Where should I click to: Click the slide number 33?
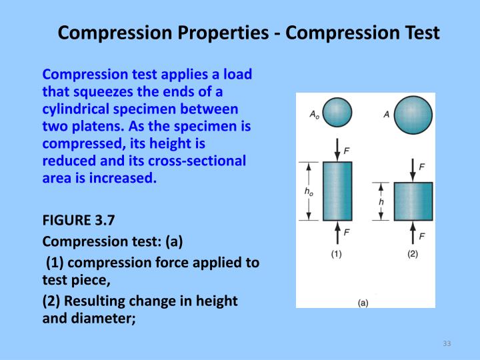pos(447,343)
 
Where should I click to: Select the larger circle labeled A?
pos(413,115)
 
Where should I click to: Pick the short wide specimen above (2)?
pos(413,201)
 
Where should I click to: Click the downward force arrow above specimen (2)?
pos(413,169)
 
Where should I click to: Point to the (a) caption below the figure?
pos(363,302)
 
